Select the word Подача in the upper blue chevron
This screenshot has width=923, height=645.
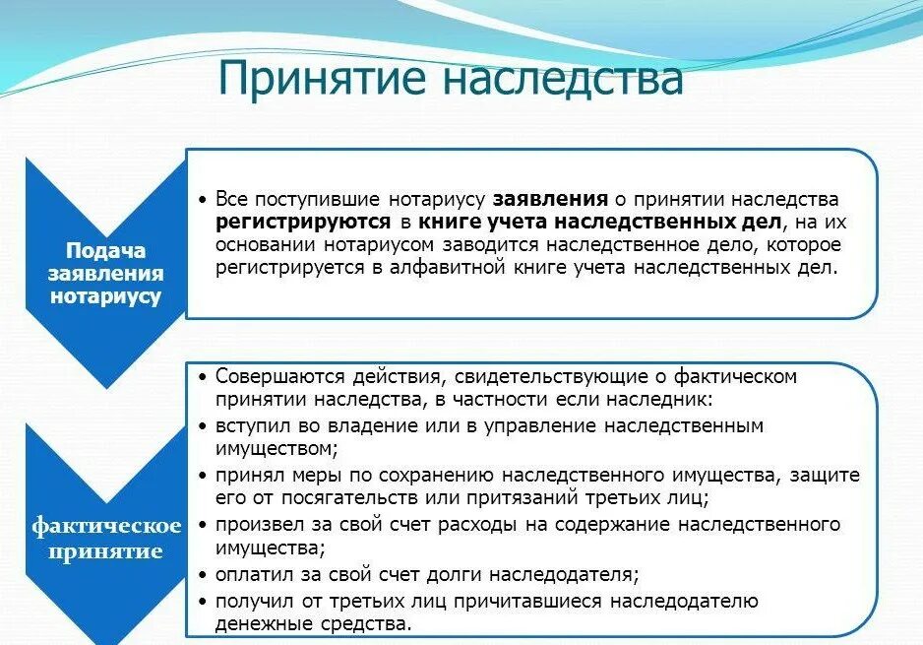105,250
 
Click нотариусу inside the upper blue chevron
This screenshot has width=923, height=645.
106,295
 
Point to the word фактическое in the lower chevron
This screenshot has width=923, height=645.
106,525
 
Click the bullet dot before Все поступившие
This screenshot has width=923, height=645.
203,200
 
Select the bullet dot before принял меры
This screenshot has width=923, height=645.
203,476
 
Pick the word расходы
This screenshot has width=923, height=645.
482,524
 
